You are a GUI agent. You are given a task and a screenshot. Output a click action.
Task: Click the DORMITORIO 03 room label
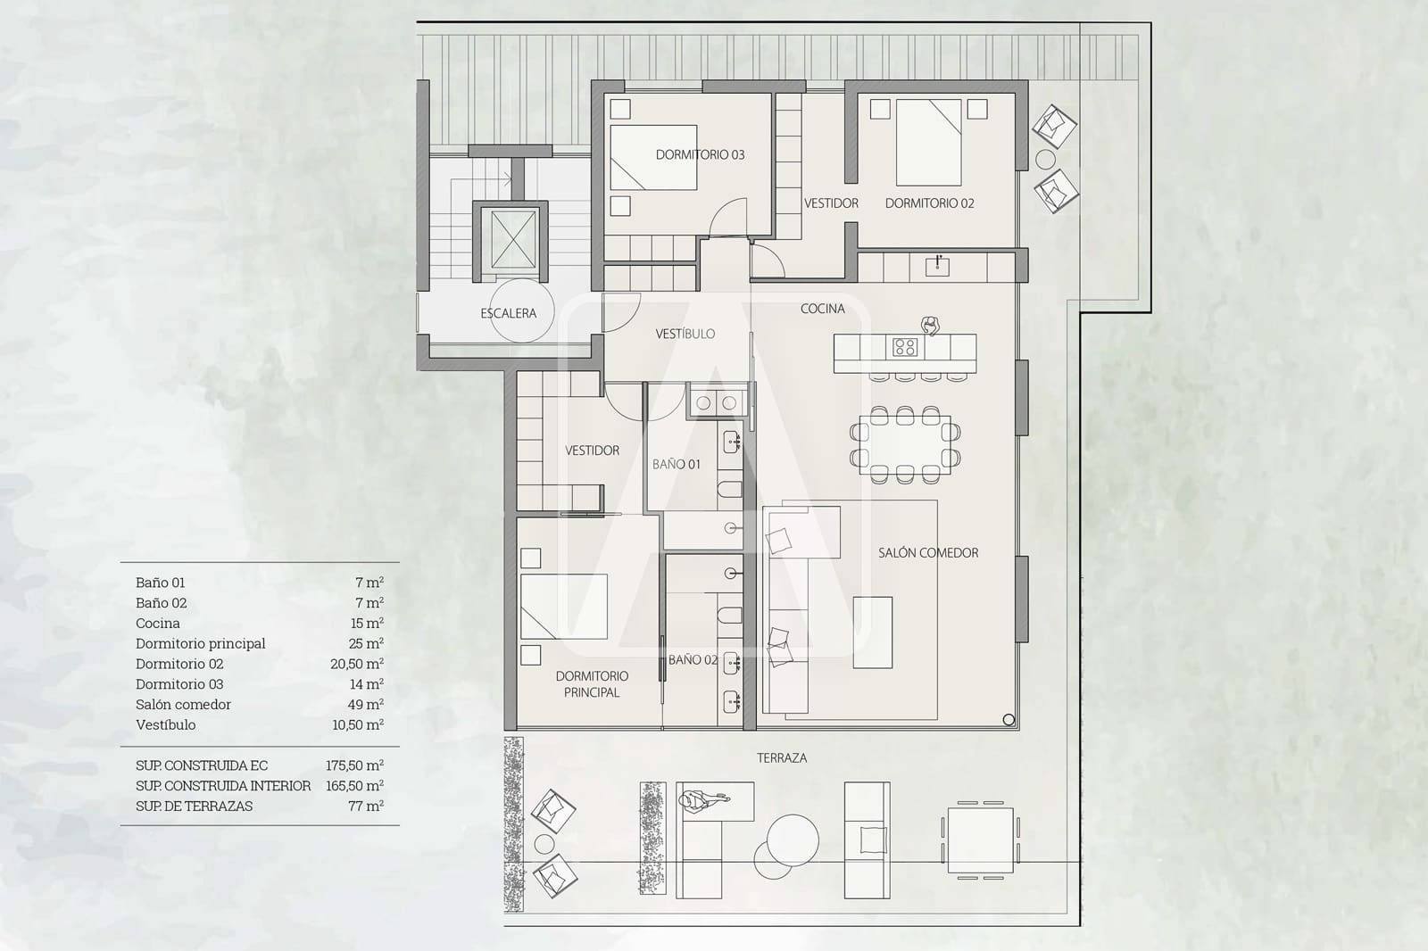(x=700, y=155)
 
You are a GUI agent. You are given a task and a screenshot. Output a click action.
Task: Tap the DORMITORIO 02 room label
(x=929, y=203)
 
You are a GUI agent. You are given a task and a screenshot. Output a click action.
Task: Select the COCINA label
(x=822, y=309)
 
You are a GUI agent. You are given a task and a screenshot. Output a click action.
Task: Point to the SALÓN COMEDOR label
(x=928, y=552)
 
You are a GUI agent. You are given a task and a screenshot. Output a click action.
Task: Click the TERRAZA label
(x=782, y=758)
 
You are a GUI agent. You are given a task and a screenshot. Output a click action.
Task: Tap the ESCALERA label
(x=508, y=313)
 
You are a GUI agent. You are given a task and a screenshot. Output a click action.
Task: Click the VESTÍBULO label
(x=685, y=334)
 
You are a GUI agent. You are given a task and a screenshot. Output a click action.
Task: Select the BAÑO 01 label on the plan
(x=676, y=465)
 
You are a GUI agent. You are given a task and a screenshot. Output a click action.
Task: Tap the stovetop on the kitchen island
(x=905, y=347)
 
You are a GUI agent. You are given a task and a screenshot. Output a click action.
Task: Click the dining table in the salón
(x=905, y=445)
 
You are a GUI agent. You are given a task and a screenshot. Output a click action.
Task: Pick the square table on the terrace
(x=980, y=840)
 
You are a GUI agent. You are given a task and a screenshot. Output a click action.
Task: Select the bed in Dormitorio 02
(x=929, y=142)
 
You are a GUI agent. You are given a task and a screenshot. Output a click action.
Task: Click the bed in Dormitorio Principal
(x=563, y=606)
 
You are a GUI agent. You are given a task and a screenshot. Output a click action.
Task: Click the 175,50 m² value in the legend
(x=354, y=765)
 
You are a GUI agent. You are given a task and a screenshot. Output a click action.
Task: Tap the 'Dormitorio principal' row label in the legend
(x=200, y=644)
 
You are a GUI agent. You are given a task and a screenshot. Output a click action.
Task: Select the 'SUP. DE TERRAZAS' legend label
(x=194, y=806)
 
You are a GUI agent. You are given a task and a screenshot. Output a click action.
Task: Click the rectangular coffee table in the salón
(x=873, y=633)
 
